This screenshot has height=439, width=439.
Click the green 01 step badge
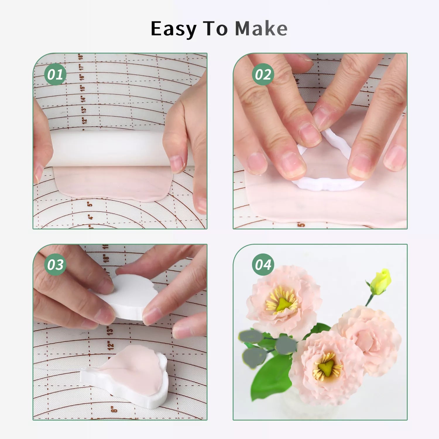click(x=55, y=74)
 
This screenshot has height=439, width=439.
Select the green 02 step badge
click(x=263, y=74)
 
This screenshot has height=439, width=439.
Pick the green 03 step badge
click(x=55, y=265)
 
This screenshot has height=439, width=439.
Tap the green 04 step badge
click(x=263, y=265)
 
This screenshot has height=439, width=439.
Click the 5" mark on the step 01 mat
click(x=90, y=203)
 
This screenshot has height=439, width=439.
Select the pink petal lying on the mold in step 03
click(x=135, y=366)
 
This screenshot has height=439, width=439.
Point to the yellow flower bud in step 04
click(x=380, y=282)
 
